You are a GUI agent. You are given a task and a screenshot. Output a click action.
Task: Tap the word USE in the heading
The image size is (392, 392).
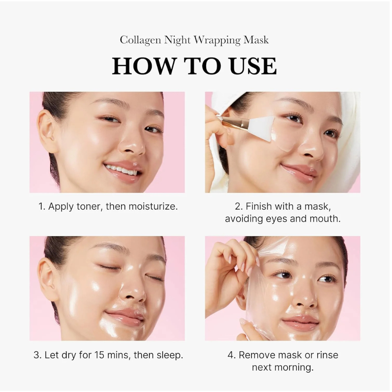coord(253,66)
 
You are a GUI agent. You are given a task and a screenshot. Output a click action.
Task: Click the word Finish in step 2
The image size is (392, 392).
coord(261,207)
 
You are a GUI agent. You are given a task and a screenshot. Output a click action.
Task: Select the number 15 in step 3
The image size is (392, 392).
coord(100,355)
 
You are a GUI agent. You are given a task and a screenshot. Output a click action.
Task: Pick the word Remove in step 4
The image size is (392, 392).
coord(257,355)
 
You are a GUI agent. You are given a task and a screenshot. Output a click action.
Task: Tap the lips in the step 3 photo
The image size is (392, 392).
coord(124,316)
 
